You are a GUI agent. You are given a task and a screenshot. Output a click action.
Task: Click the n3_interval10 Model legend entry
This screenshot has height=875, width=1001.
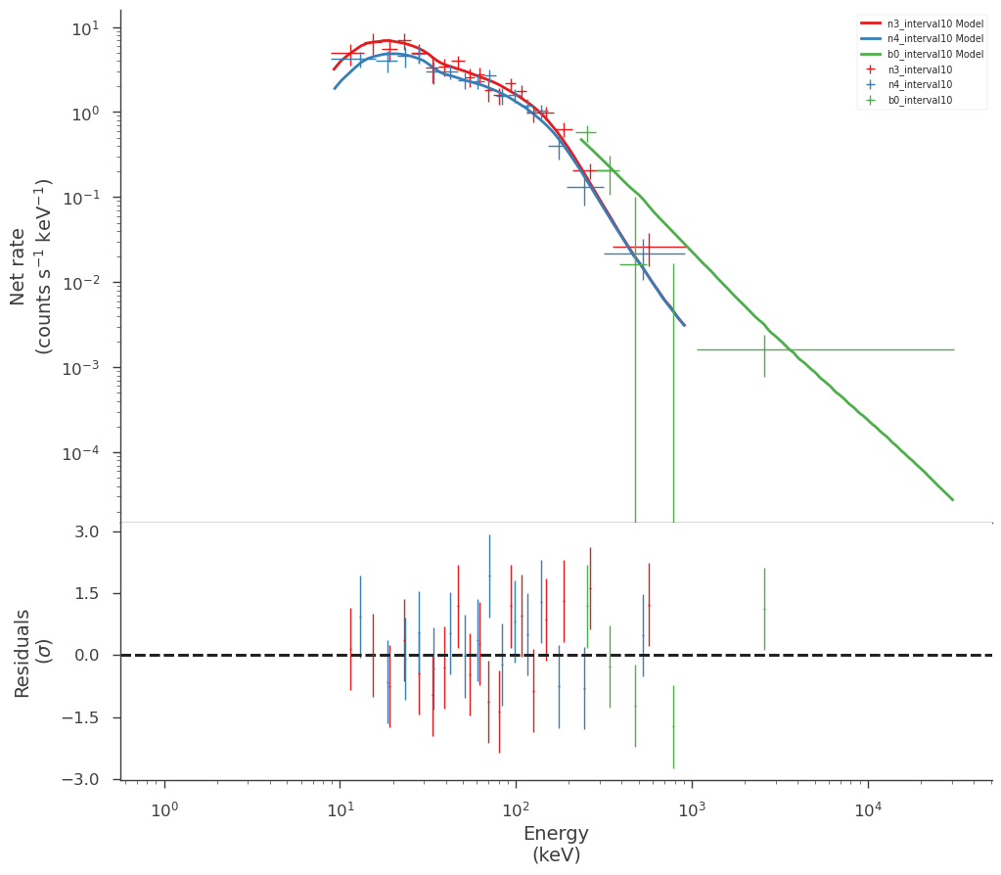922,23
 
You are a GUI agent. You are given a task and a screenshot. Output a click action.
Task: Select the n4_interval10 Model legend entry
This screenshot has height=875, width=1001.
922,39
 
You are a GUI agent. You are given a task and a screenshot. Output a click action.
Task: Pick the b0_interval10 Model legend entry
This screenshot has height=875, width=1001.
922,54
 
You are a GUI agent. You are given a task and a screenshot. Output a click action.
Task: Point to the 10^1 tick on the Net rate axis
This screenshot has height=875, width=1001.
86,27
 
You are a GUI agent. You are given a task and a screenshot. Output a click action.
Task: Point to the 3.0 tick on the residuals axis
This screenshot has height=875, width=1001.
87,532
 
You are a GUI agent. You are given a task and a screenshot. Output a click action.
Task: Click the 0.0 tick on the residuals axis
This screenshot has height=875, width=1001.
87,656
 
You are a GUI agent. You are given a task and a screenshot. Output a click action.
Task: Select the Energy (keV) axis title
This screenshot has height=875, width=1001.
556,844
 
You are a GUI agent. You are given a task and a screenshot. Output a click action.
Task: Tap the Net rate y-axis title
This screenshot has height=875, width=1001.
30,267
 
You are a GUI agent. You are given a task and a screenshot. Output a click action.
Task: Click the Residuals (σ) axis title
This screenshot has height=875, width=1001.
30,654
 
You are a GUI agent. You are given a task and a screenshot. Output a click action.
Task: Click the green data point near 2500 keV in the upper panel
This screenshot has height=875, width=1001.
764,350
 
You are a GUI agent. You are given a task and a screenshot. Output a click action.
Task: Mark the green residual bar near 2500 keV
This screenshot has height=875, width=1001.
764,610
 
